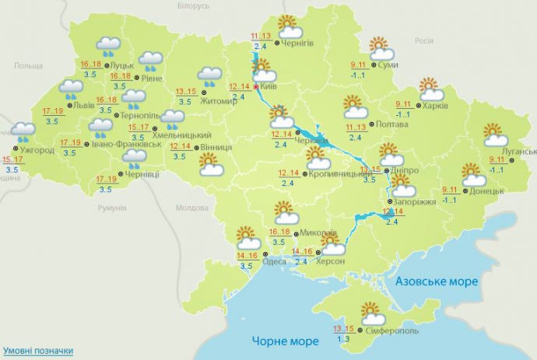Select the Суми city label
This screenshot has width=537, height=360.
coord(388,65)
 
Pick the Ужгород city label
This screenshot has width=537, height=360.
coord(38,150)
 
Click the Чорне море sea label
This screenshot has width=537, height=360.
coord(286,341)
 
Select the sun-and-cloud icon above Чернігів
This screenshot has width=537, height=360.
coord(290,26)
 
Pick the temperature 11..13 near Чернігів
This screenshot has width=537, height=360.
coord(260,37)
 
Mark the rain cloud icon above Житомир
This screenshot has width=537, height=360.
coord(209,76)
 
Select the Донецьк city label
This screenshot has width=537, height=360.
coord(487,190)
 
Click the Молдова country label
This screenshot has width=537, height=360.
coord(191,208)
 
